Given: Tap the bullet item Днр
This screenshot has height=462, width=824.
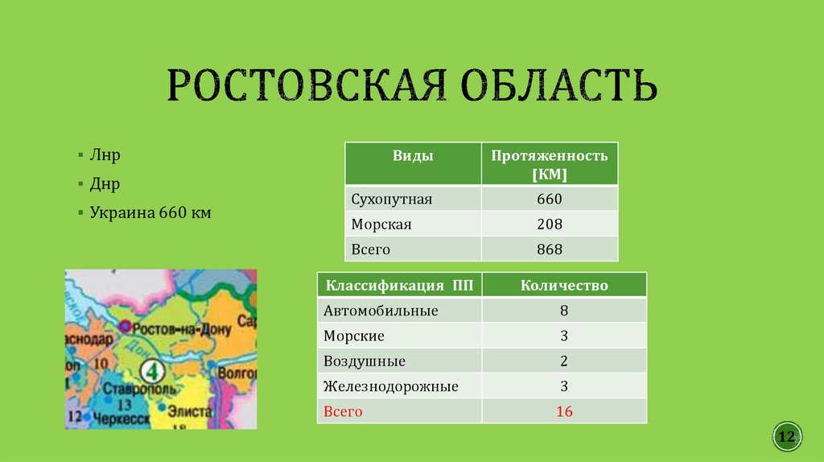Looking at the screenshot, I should (105, 184).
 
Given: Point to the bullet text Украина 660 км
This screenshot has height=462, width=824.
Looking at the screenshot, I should (150, 212).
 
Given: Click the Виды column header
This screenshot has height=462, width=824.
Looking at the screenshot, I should (413, 156).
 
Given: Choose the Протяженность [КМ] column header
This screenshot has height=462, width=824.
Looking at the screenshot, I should (550, 164).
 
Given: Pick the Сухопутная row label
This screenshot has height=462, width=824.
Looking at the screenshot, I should (392, 199).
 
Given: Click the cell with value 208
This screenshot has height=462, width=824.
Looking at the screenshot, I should (550, 225).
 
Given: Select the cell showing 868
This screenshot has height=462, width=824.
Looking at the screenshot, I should (550, 250).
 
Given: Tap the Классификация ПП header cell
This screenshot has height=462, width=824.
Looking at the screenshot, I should (398, 285).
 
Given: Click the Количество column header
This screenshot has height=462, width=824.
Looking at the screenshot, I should (564, 285).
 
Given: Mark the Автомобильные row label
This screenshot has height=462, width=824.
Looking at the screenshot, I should (381, 311).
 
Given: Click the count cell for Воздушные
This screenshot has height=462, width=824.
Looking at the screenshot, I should (564, 361).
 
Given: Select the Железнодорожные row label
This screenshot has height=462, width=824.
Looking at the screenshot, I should (390, 386).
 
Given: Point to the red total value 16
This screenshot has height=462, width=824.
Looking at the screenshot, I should (564, 411).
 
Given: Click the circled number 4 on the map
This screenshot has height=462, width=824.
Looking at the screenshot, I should (151, 371).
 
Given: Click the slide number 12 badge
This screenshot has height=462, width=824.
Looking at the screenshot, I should (786, 437).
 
